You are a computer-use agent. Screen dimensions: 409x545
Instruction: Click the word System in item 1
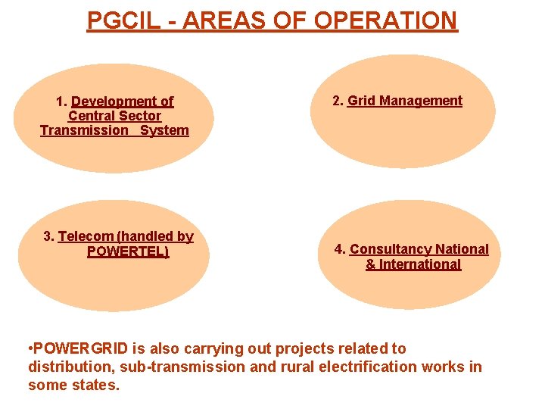[x=164, y=130]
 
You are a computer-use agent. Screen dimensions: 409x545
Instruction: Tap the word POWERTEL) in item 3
[x=128, y=251]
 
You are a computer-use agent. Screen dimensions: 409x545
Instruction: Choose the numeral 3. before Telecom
[x=49, y=236]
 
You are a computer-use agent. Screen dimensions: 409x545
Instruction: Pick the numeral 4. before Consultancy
[x=341, y=249]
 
